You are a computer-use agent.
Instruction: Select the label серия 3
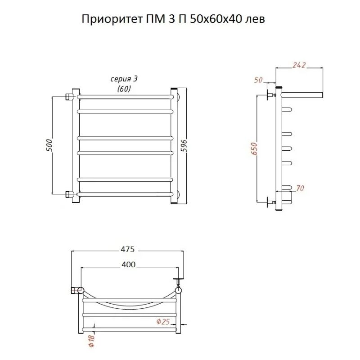click(124, 79)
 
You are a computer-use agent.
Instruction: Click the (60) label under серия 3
click(124, 89)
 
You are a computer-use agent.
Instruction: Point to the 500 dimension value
click(49, 145)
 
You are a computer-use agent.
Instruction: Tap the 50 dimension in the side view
click(259, 80)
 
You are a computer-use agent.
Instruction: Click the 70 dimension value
click(301, 187)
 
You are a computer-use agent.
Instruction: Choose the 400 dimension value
click(129, 265)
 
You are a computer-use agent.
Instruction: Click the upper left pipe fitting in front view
click(70, 96)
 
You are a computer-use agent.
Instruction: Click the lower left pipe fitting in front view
click(70, 194)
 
